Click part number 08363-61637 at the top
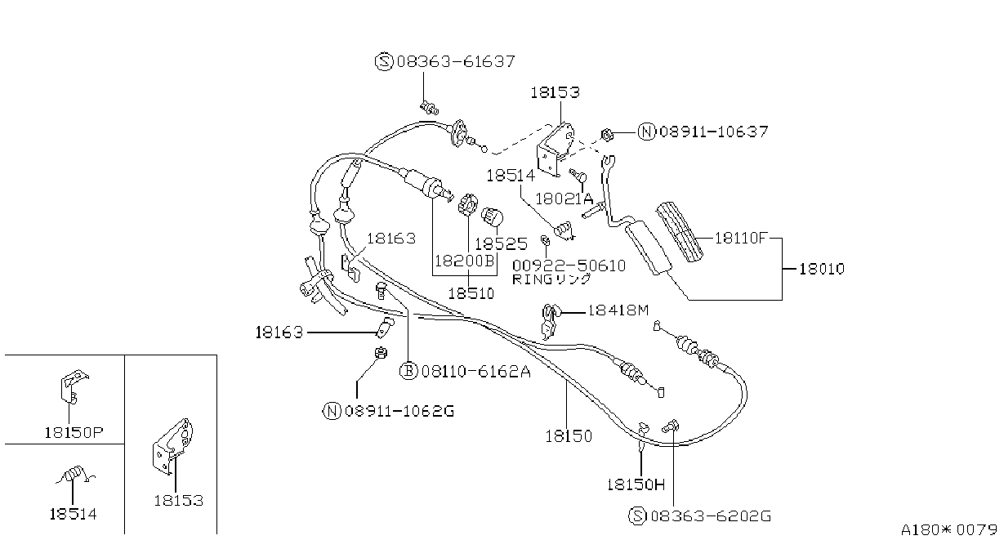[456, 61]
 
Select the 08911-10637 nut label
[714, 132]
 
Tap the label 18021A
[564, 199]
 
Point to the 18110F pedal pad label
[741, 238]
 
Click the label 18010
[822, 269]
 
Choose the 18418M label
[618, 310]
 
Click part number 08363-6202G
[711, 516]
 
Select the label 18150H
[636, 484]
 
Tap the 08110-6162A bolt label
[476, 372]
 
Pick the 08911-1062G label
[399, 411]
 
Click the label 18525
[501, 243]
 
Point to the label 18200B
[464, 261]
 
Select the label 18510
[471, 293]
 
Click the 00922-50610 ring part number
[569, 266]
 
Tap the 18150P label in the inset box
[74, 432]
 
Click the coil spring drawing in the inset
[74, 475]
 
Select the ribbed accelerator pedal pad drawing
[680, 232]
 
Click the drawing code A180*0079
[949, 529]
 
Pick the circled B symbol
[408, 371]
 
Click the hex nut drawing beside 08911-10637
[607, 135]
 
